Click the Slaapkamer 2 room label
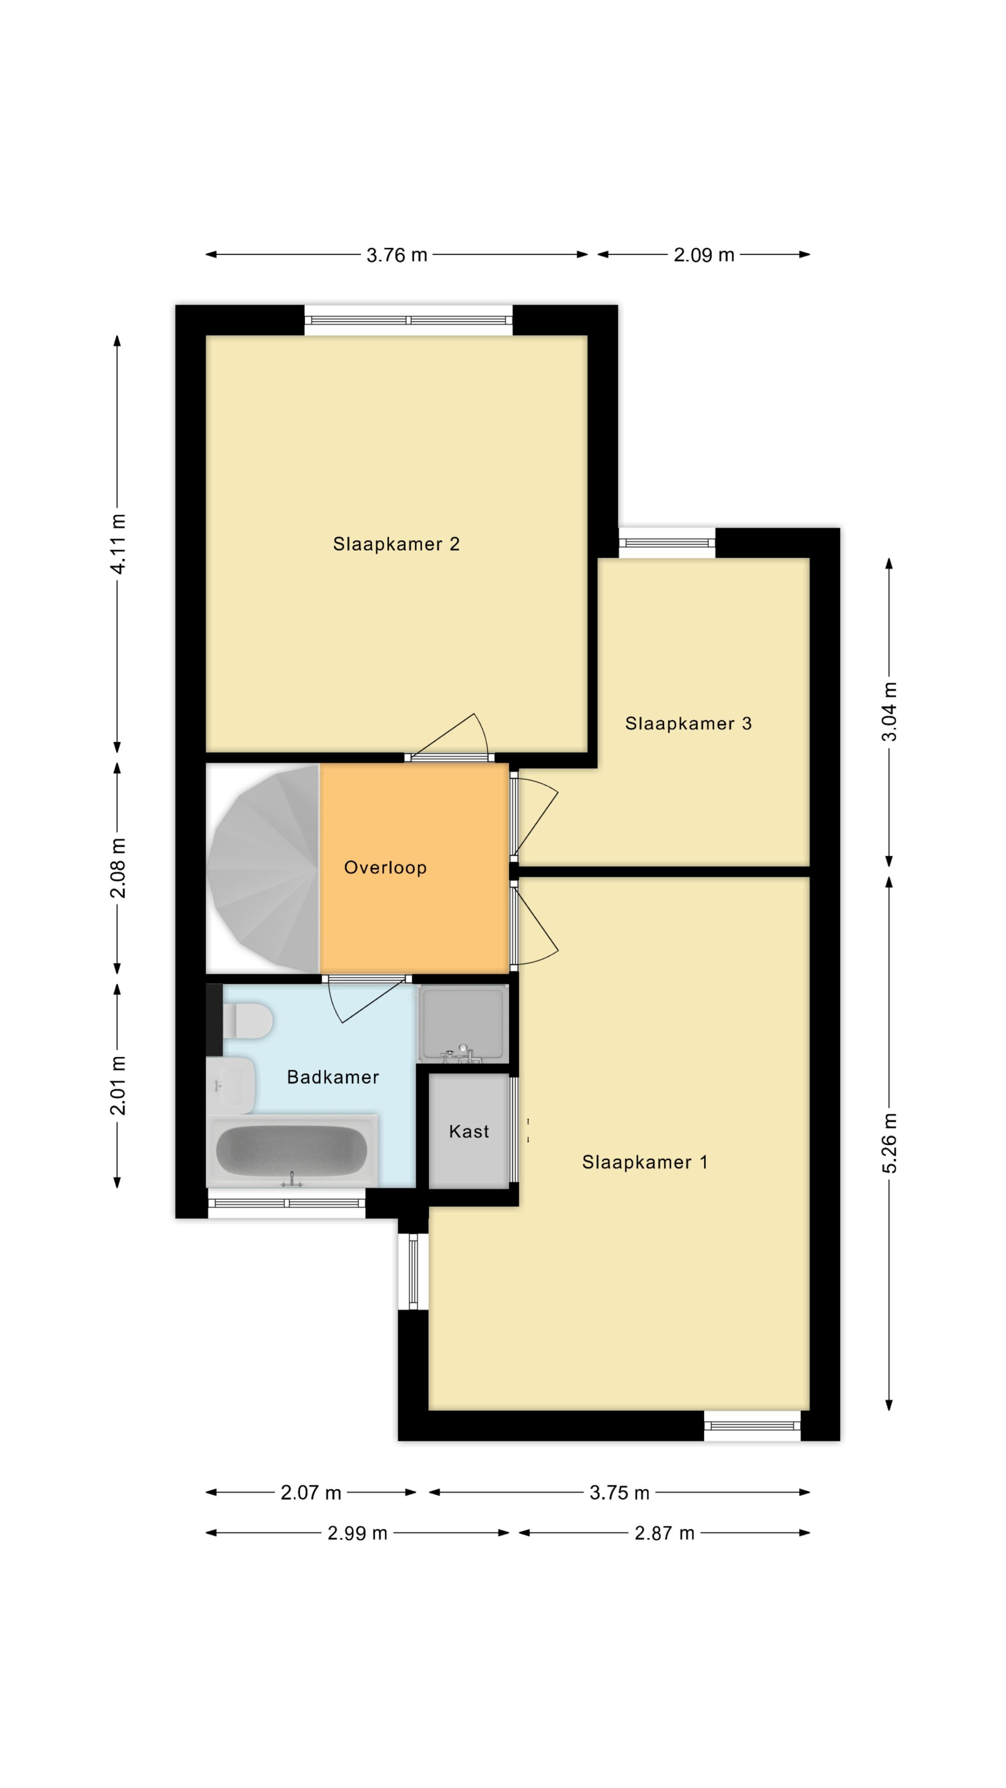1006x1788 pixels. (396, 544)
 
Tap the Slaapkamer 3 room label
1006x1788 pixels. (688, 724)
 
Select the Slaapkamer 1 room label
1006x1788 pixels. (644, 1163)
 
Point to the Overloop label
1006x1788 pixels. (385, 867)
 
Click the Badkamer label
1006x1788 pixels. (333, 1077)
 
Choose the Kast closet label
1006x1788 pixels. (469, 1131)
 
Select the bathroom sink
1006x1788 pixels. (231, 1085)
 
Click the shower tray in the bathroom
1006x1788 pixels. (463, 1024)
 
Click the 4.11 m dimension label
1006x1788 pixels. (118, 544)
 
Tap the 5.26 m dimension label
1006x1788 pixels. (890, 1143)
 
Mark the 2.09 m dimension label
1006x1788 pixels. (704, 255)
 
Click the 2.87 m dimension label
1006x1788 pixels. (665, 1533)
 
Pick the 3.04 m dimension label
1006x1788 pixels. (890, 711)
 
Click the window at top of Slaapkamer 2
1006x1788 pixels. (408, 320)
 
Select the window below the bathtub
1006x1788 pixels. (287, 1203)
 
